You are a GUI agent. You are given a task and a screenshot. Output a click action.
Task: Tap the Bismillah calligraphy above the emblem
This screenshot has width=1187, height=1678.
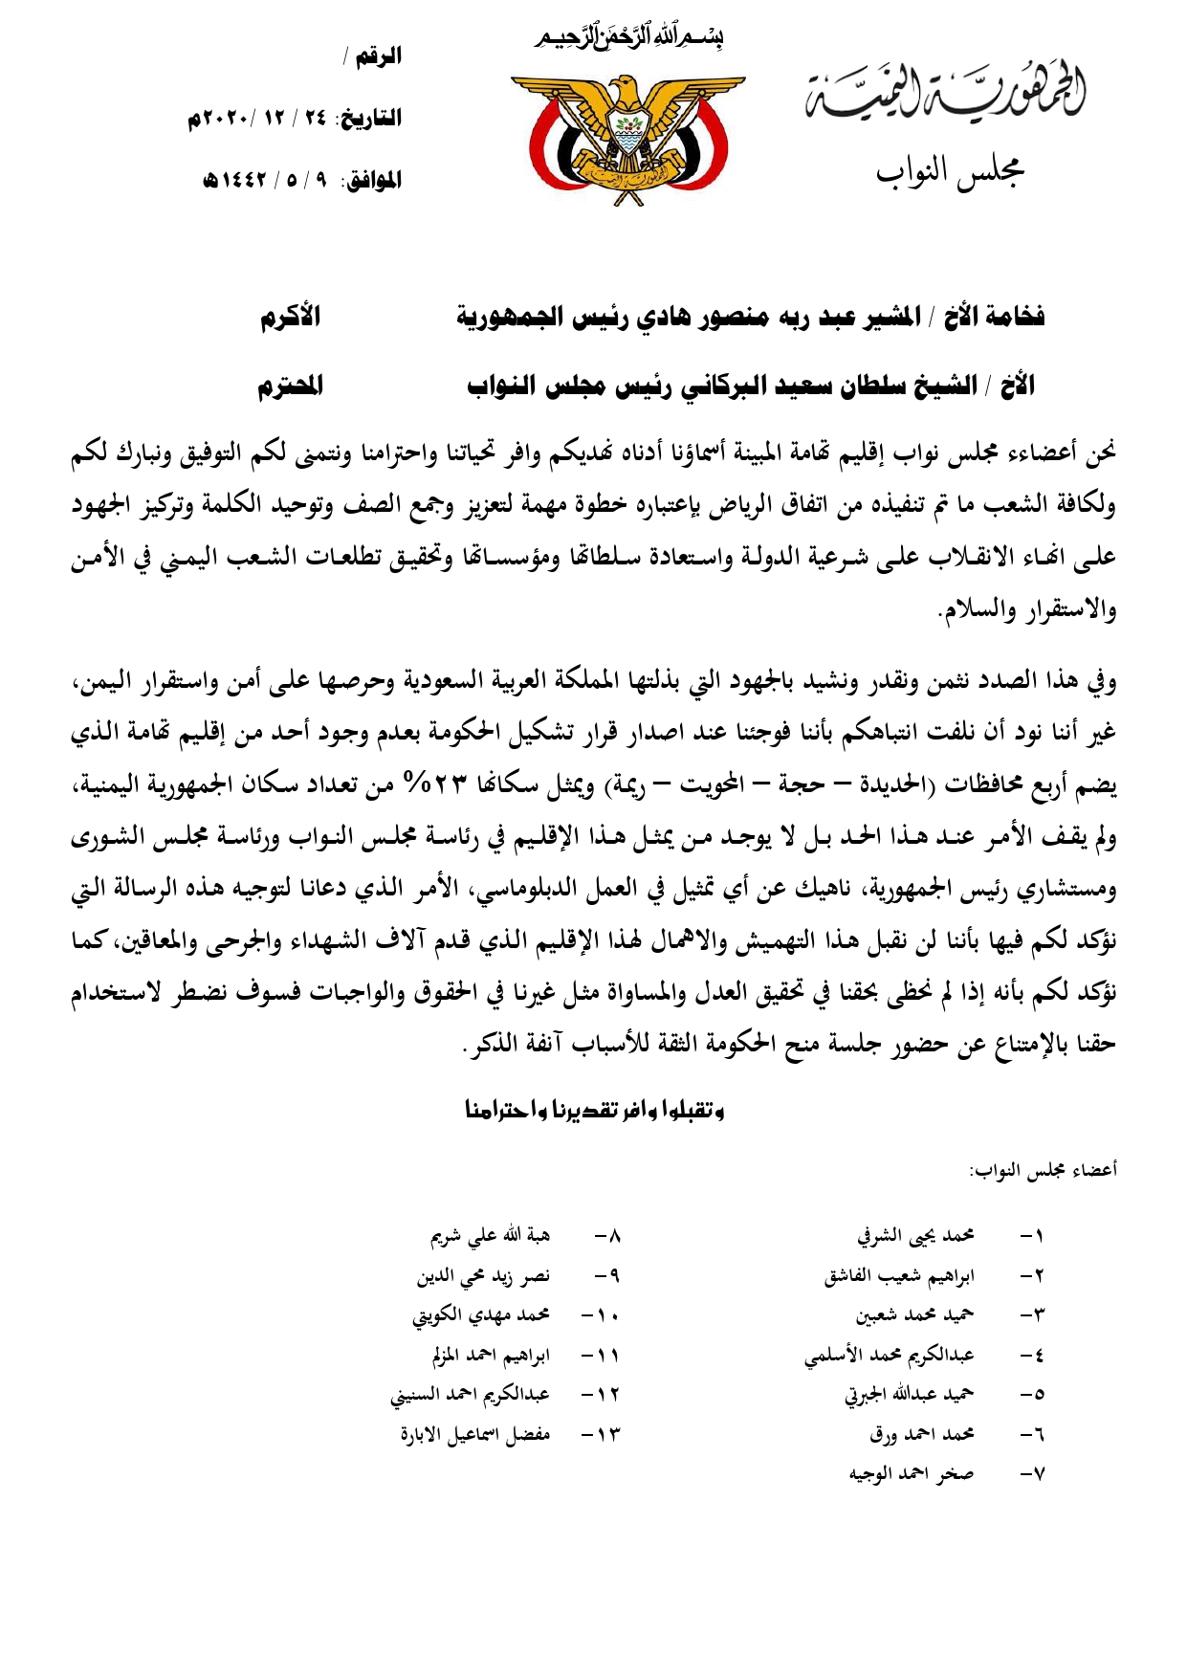[x=627, y=38]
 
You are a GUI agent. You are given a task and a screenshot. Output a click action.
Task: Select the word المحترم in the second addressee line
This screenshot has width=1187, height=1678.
[x=290, y=386]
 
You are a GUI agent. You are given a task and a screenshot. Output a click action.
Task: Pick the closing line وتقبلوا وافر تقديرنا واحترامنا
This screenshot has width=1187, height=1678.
[x=594, y=1110]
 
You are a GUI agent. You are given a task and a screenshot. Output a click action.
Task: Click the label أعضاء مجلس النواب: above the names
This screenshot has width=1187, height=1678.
[x=1043, y=1170]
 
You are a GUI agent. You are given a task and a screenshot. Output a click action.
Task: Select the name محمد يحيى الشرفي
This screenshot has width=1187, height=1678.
[x=914, y=1236]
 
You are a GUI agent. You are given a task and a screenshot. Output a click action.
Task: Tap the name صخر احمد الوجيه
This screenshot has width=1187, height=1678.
[x=911, y=1474]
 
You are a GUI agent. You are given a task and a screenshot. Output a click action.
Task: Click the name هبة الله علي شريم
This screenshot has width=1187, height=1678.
[x=490, y=1236]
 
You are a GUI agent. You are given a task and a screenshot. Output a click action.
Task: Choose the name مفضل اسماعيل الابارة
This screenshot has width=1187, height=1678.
[x=475, y=1435]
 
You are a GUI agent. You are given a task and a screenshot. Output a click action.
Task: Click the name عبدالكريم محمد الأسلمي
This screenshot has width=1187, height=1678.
[x=889, y=1356]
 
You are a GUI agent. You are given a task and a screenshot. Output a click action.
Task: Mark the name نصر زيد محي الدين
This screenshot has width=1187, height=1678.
[x=483, y=1276]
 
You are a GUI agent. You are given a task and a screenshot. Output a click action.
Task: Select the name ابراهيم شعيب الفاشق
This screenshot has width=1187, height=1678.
[x=899, y=1276]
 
